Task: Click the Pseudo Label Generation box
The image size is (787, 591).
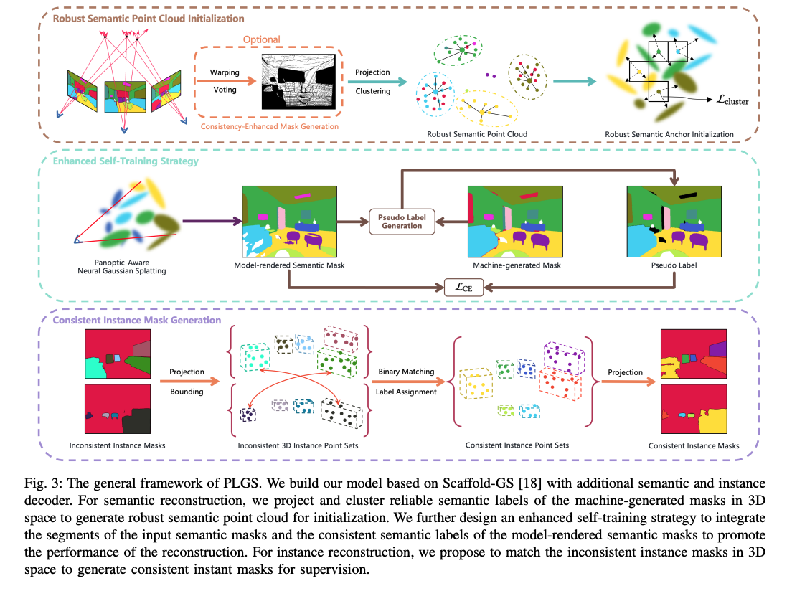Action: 402,220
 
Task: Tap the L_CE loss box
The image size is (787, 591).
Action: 463,287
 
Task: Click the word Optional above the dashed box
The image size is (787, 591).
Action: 262,39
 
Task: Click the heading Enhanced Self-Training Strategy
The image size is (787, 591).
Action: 126,161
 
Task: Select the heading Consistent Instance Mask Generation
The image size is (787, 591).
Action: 137,320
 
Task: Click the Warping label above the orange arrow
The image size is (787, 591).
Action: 225,73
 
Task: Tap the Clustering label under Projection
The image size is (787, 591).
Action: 372,91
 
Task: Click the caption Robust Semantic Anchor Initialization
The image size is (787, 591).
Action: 669,134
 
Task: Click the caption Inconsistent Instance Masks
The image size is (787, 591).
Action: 117,445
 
